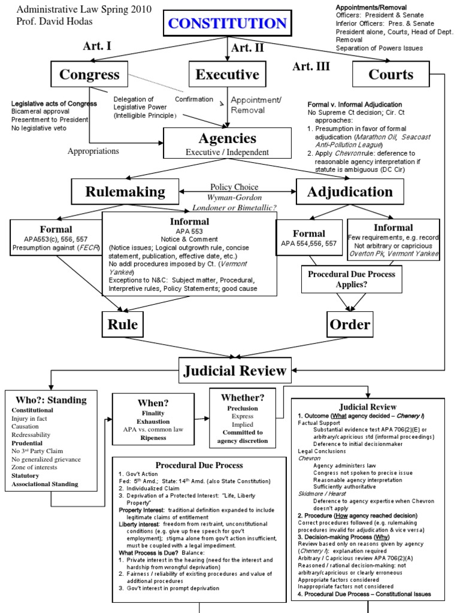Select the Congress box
89,75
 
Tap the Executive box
227,75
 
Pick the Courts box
391,75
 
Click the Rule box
123,324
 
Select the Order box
349,324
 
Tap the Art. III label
311,66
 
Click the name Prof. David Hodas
46,21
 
